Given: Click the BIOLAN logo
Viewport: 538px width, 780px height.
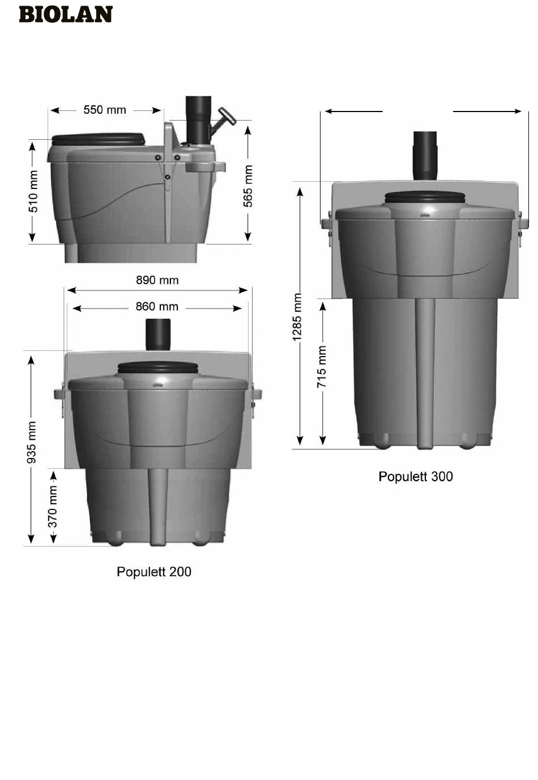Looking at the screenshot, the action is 66,15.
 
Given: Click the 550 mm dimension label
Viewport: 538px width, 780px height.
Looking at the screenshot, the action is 105,110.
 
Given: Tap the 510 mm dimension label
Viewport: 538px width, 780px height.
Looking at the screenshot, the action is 33,191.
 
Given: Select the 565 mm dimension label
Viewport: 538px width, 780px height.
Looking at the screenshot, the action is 247,186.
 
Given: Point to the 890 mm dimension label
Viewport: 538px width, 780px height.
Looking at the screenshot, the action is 157,280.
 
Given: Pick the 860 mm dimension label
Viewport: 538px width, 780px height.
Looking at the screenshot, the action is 157,306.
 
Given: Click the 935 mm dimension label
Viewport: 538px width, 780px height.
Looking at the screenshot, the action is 32,442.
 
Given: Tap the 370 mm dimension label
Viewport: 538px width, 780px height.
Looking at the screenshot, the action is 52,507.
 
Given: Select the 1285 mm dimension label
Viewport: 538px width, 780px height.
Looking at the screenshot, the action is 297,317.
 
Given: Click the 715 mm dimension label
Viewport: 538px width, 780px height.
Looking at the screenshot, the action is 321,367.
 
